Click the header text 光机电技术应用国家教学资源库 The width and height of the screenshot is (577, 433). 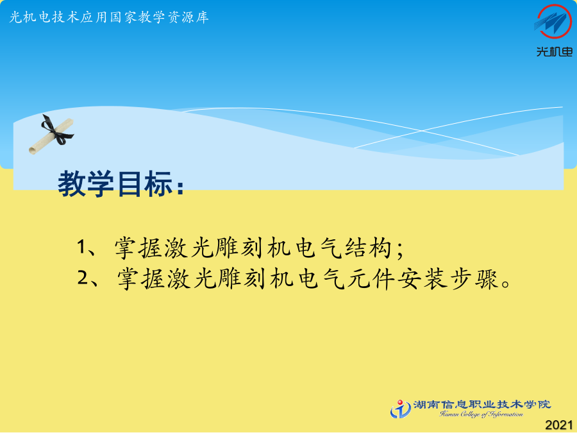109,17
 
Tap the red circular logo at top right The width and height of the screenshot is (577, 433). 553,21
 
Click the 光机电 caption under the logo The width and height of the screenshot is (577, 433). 554,51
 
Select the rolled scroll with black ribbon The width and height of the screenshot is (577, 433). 51,135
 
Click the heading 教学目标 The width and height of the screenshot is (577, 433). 115,183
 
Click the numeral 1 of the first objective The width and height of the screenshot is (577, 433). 81,247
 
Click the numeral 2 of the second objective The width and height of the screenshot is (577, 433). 83,277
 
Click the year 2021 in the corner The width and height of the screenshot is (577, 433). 559,425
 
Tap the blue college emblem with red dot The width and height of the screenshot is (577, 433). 400,409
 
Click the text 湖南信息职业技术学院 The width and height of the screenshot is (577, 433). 482,405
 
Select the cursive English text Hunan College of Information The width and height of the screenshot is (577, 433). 481,414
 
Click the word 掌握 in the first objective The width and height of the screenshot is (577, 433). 138,247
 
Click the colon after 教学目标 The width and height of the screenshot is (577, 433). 180,187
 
